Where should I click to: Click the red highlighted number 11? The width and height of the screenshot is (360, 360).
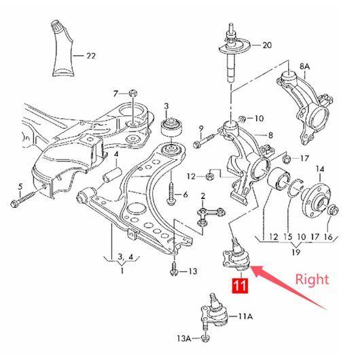pos(240,286)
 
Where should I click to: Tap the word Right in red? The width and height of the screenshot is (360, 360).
pos(312,280)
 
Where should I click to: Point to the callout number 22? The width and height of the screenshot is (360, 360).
pos(91,56)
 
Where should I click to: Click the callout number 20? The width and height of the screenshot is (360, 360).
pos(267,45)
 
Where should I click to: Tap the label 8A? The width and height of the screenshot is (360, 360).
pos(305,67)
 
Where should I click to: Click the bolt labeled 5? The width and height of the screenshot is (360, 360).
pos(26,197)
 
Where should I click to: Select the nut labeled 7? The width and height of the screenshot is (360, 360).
pos(133,93)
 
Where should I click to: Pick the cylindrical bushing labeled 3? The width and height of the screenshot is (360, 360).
pos(171,128)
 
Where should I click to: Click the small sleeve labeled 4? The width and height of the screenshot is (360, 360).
pos(112,175)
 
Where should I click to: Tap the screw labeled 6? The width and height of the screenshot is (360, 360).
pos(171,194)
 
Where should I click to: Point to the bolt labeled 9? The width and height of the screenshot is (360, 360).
pos(204,141)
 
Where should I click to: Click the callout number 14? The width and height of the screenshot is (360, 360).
pos(320,169)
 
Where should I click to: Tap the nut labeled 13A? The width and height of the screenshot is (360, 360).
pos(205,338)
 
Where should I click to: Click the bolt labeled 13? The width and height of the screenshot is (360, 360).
pos(174,268)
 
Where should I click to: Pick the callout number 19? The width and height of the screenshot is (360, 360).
pos(296,252)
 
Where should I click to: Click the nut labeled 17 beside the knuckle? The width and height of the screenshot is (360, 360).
pos(287,158)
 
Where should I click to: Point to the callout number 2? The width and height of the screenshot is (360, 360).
pos(202,196)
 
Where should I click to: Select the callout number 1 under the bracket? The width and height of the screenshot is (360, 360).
pos(122,271)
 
